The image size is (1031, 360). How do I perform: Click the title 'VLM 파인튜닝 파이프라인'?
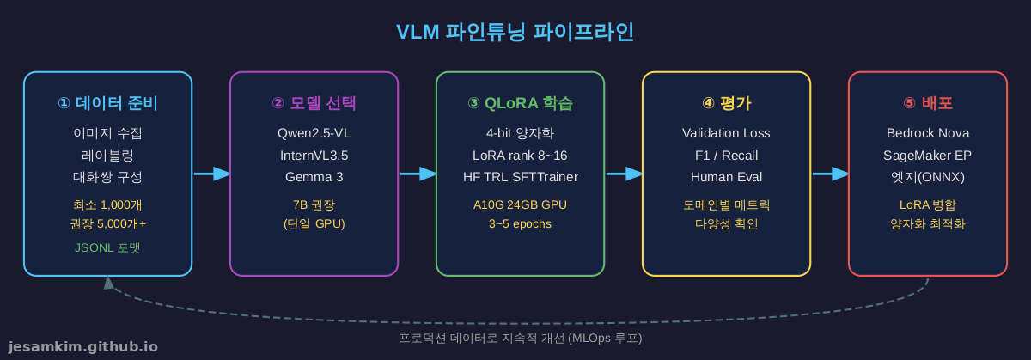[x=515, y=32]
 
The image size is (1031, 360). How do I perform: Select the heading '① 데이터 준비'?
[x=107, y=103]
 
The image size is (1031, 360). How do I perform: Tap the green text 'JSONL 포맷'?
[x=107, y=247]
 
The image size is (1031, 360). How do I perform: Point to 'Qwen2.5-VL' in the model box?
[x=314, y=133]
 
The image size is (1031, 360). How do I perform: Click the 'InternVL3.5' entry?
[x=314, y=156]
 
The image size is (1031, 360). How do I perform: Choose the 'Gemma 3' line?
[x=314, y=177]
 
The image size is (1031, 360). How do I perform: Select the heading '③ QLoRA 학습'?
[x=520, y=103]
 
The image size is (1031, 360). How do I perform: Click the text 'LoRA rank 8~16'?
[x=520, y=156]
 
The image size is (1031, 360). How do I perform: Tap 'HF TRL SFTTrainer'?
[x=520, y=177]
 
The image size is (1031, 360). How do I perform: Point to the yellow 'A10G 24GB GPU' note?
[x=520, y=204]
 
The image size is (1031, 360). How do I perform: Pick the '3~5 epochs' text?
[x=520, y=223]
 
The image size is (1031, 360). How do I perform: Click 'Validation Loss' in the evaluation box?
[x=726, y=133]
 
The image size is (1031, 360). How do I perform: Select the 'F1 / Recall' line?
[x=726, y=156]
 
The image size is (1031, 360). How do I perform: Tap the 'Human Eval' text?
[x=726, y=177]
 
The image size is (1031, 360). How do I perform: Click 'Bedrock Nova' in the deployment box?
[x=927, y=133]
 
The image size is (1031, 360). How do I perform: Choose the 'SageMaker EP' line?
[x=927, y=156]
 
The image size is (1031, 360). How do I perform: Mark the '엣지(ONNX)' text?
[x=927, y=177]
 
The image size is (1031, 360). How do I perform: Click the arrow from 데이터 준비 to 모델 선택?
[x=211, y=174]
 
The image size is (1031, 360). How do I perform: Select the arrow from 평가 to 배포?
[x=830, y=174]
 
